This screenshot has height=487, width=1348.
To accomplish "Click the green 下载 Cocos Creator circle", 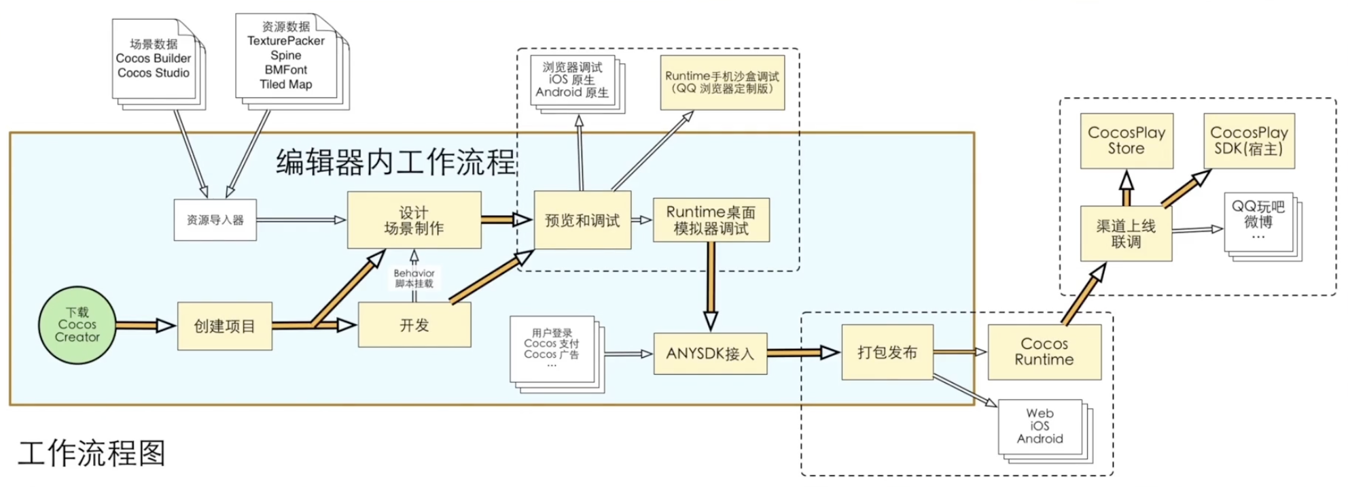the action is pyautogui.click(x=77, y=325).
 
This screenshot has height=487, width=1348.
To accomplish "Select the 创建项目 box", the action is pyautogui.click(x=225, y=326).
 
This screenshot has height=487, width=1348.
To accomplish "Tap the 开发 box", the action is pyautogui.click(x=414, y=325).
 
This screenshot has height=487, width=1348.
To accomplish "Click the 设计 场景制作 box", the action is pyautogui.click(x=414, y=220).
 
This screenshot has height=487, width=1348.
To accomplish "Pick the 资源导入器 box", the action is pyautogui.click(x=215, y=220).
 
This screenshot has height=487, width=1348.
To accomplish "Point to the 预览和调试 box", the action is pyautogui.click(x=582, y=220).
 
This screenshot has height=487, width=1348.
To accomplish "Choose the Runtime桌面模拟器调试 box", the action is pyautogui.click(x=711, y=220).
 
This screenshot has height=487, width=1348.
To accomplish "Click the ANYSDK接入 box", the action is pyautogui.click(x=711, y=354).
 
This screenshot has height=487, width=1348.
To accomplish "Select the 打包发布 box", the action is pyautogui.click(x=887, y=352).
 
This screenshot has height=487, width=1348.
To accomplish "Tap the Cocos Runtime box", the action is pyautogui.click(x=1044, y=352).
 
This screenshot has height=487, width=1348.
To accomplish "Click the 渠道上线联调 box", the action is pyautogui.click(x=1126, y=233).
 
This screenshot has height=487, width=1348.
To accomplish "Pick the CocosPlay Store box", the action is pyautogui.click(x=1127, y=141).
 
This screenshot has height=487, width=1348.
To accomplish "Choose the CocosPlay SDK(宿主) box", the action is pyautogui.click(x=1249, y=141).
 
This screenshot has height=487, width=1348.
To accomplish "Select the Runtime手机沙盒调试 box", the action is pyautogui.click(x=722, y=82).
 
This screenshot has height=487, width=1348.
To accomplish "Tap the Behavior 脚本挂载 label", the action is pyautogui.click(x=414, y=278).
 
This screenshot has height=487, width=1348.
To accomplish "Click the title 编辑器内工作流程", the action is pyautogui.click(x=396, y=163).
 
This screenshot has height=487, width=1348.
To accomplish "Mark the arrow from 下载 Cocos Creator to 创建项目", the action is pyautogui.click(x=145, y=326).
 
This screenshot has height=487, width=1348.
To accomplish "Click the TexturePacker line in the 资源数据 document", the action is pyautogui.click(x=286, y=41).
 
